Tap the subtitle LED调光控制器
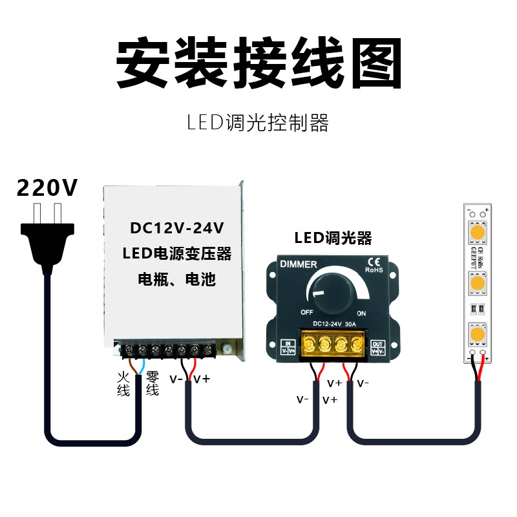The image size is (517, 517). tap(258, 123)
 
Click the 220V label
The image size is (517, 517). tap(47, 188)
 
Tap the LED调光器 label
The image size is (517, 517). tap(333, 238)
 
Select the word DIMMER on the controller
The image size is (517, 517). tap(298, 264)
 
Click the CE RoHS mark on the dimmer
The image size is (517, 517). tap(374, 265)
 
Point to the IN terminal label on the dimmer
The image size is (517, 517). tap(288, 347)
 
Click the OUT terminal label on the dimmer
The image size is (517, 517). tap(378, 347)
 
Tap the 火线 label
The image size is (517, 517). tap(123, 383)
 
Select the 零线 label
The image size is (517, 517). tap(153, 383)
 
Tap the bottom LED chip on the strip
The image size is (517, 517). tap(478, 335)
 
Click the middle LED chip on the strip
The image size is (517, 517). tap(478, 283)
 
